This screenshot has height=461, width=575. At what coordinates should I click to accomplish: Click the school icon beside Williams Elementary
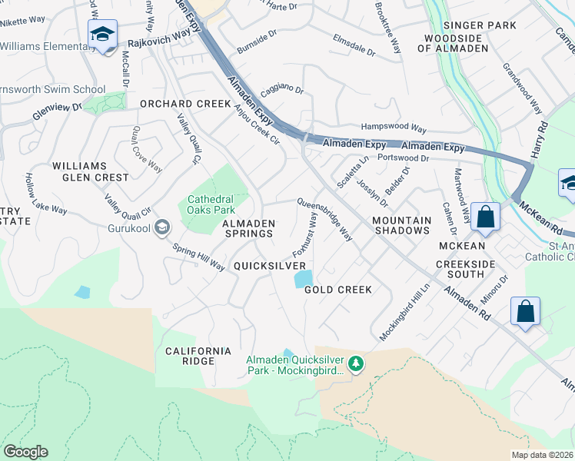[102, 35]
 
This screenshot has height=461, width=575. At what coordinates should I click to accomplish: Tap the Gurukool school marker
[161, 227]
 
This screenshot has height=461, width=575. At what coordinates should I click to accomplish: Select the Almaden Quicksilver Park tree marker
[355, 363]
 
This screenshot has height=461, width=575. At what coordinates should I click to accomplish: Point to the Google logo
[25, 452]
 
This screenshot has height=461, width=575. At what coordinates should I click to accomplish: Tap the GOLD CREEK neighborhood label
[337, 290]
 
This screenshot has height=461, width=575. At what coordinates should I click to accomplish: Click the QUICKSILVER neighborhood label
[270, 266]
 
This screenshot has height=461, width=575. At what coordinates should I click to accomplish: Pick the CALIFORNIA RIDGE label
[198, 356]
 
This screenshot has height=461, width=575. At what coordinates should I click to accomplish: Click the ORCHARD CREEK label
[184, 104]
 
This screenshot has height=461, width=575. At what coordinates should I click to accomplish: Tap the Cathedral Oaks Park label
[211, 204]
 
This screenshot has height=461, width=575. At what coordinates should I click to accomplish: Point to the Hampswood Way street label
[394, 128]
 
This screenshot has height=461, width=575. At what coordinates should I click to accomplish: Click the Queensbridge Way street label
[325, 221]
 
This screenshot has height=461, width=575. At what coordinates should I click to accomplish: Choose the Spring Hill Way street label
[198, 257]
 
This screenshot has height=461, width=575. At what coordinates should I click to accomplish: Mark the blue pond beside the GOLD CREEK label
[304, 279]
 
